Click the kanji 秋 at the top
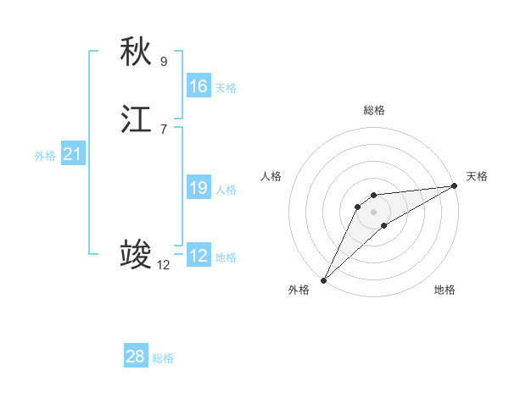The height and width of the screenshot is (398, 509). [136, 52]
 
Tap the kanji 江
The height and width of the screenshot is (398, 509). [136, 120]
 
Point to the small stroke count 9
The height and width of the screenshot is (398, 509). [164, 61]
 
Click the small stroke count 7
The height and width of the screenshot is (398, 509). [164, 129]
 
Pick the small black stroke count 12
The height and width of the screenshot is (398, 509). [163, 264]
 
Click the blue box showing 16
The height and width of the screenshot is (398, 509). [199, 86]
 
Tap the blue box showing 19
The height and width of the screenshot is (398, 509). [199, 188]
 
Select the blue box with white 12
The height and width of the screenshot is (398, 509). [199, 256]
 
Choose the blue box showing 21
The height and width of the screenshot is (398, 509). [73, 154]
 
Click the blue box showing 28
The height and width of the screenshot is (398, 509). [136, 357]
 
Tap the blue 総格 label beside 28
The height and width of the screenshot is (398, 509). [163, 358]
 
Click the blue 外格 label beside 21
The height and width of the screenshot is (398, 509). [45, 156]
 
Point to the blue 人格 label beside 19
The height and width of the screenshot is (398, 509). [226, 190]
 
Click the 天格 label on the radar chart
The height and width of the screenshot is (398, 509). [477, 176]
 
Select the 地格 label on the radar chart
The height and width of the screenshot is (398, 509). [445, 290]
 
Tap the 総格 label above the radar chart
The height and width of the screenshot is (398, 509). [374, 110]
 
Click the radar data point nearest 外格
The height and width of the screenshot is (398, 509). [323, 280]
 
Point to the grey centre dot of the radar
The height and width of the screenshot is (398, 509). [374, 211]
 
